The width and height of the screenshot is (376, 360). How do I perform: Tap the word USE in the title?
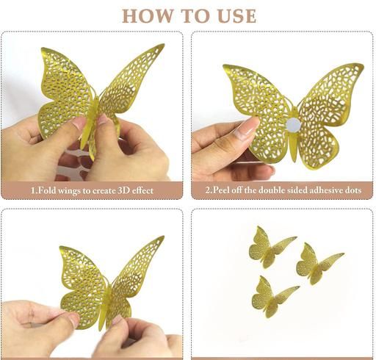[x=236, y=16]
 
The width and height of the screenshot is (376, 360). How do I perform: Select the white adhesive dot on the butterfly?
[x=294, y=125]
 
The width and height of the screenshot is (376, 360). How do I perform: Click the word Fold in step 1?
[x=43, y=190]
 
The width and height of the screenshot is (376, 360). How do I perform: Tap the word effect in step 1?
[x=142, y=190]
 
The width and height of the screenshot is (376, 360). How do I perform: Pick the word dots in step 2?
[x=352, y=190]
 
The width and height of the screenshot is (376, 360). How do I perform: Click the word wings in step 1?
[x=67, y=191]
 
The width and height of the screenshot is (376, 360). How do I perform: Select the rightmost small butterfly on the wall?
[x=317, y=264]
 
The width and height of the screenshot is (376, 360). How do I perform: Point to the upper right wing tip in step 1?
[x=163, y=45]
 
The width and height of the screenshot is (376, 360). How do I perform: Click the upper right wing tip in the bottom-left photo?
[x=163, y=237]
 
